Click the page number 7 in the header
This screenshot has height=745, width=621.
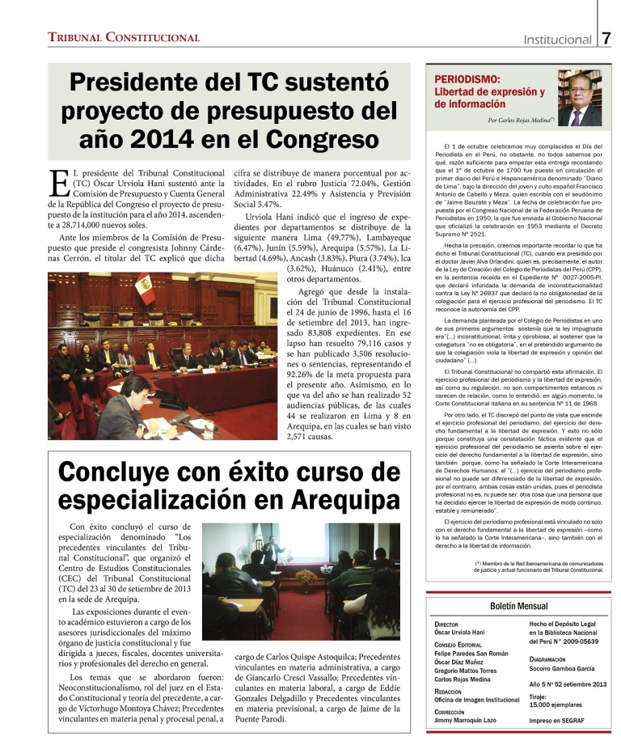pyautogui.click(x=607, y=38)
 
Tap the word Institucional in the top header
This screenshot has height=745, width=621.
pyautogui.click(x=557, y=39)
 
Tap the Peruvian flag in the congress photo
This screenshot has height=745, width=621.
pyautogui.click(x=146, y=289)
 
